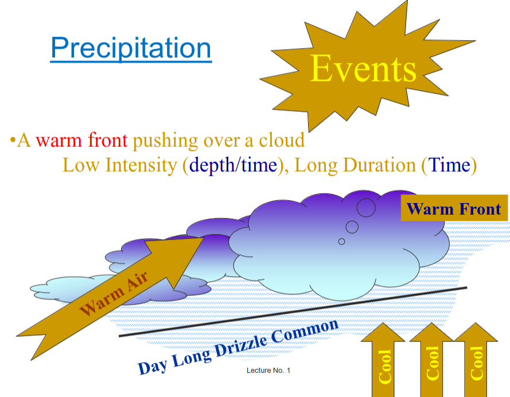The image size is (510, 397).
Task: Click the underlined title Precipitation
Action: point(131,48)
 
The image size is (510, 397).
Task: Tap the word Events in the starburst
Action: point(363,69)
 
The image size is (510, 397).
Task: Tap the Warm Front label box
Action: point(454,209)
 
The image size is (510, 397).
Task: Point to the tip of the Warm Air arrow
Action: point(202,237)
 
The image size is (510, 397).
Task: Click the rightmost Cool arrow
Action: point(476,361)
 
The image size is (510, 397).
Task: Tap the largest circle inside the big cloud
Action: point(366,207)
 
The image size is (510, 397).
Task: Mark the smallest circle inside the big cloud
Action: point(342,242)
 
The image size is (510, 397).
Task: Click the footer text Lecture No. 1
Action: point(268,371)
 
